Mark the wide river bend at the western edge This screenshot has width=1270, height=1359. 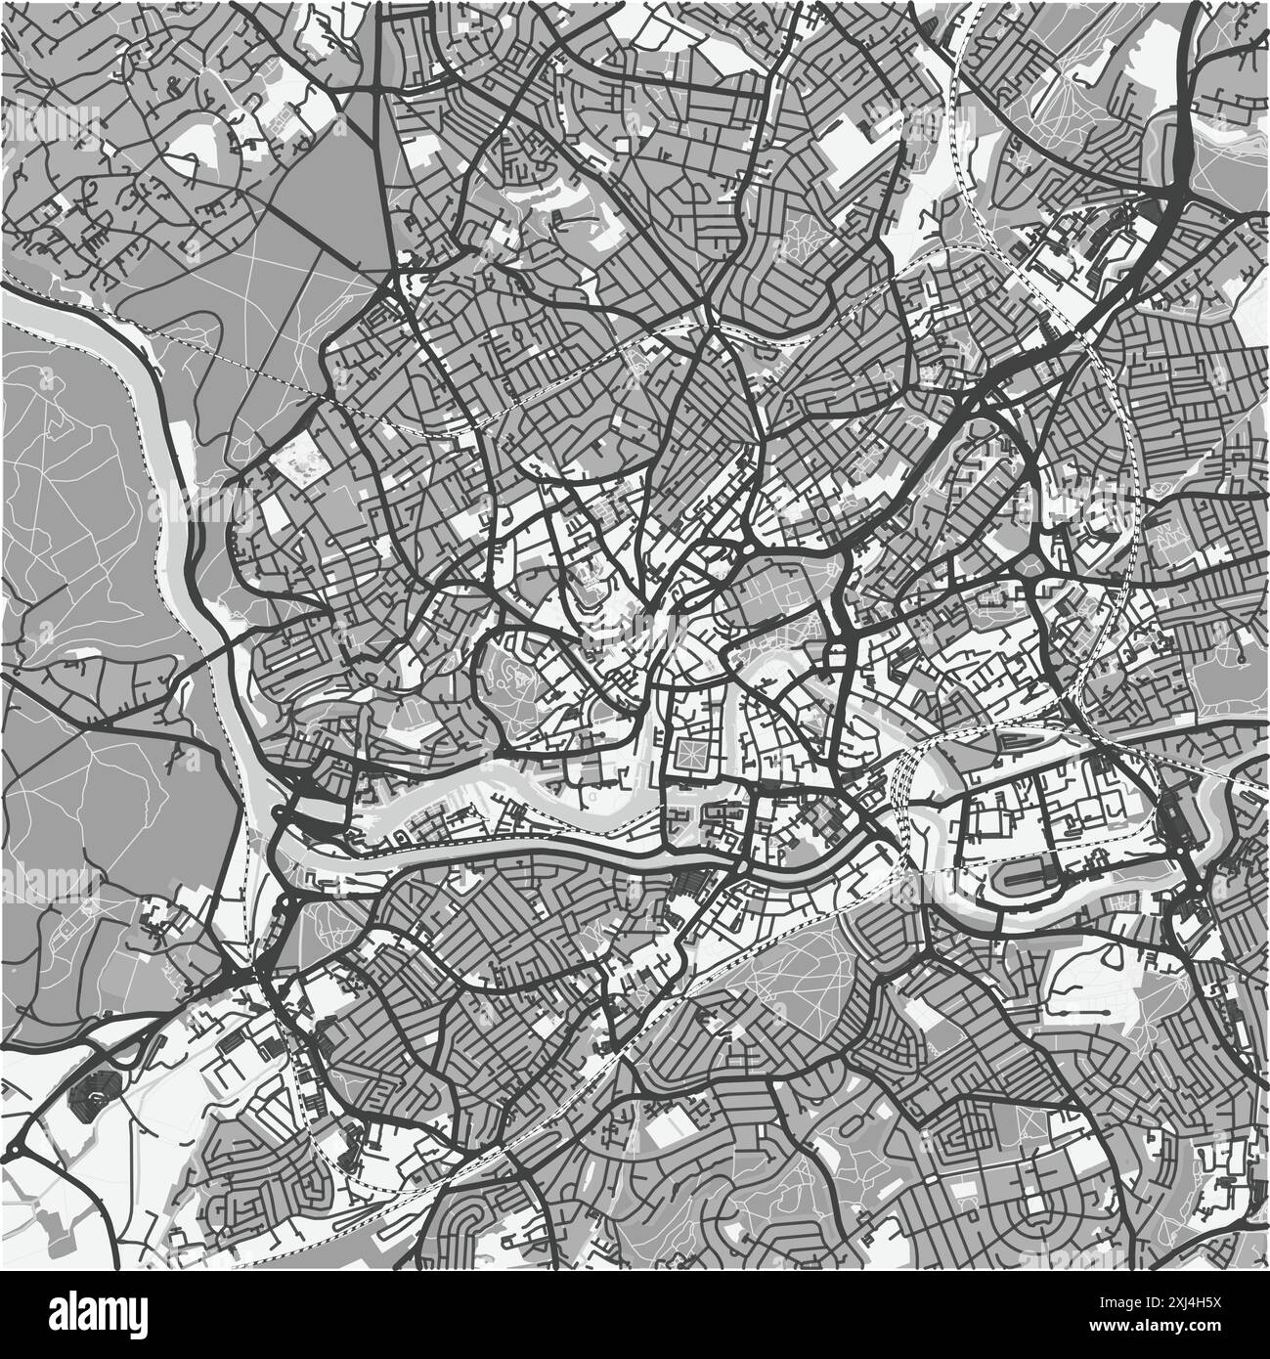[147, 391]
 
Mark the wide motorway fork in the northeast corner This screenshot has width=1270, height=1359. [1173, 186]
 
